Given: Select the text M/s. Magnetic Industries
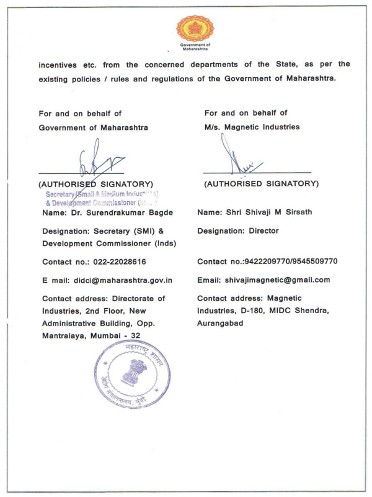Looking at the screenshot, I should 252,127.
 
